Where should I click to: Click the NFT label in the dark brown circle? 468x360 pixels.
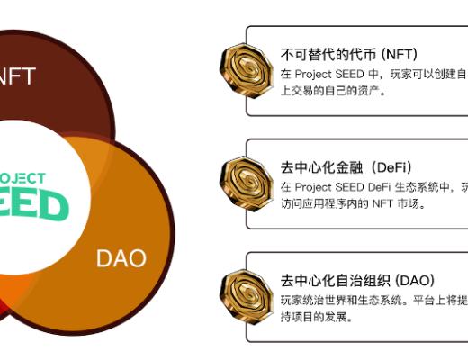pyautogui.click(x=18, y=76)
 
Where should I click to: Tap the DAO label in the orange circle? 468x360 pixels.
pyautogui.click(x=121, y=259)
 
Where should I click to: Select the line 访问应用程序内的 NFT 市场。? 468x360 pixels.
pyautogui.click(x=352, y=203)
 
